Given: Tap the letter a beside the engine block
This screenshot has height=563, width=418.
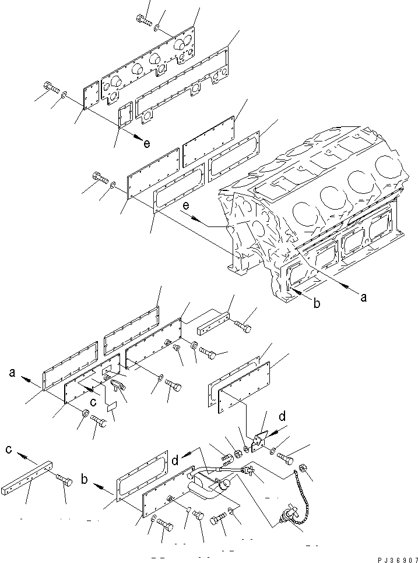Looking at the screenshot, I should coord(364,297).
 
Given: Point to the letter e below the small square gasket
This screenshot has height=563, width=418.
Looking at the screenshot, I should coord(147,144).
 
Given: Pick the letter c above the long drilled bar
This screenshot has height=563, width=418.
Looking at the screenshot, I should coord(9,449).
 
